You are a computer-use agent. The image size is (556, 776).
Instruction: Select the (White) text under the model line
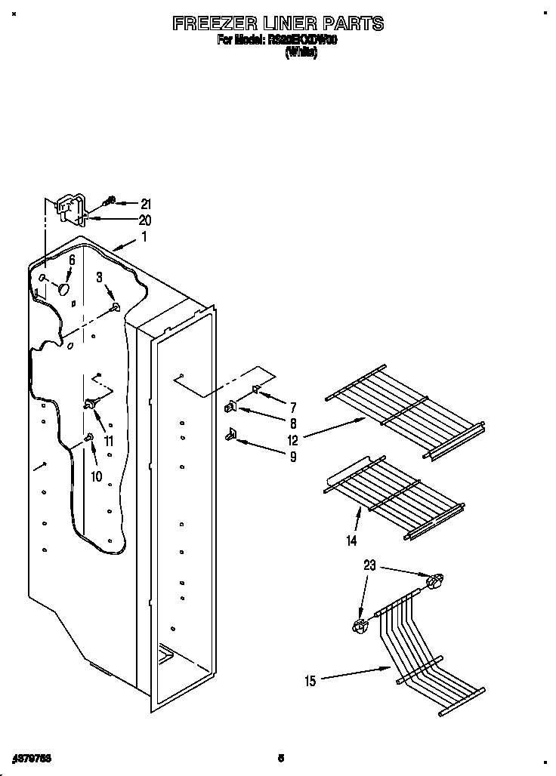(301, 54)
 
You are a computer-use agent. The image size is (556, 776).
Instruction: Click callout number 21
(146, 203)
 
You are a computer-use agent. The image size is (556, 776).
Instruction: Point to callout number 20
(145, 220)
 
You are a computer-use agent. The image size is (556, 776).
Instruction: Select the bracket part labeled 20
(71, 209)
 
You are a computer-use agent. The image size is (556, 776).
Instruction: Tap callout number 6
(72, 259)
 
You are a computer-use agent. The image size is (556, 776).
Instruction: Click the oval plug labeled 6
(64, 288)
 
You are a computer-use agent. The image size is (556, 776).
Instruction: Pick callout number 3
(99, 278)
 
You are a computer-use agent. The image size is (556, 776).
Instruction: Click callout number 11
(109, 442)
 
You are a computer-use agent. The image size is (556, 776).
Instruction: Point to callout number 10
(96, 476)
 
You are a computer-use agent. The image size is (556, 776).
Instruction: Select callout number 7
(293, 408)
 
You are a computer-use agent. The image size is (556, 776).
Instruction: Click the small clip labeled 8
(230, 408)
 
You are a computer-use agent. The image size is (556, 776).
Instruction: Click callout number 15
(310, 681)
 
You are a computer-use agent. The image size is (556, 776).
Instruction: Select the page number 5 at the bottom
(281, 758)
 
